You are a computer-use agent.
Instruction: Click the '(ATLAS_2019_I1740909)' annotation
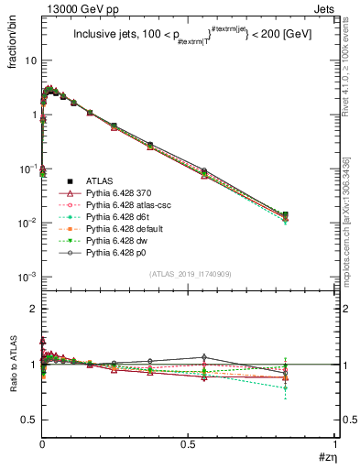point(189,274)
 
